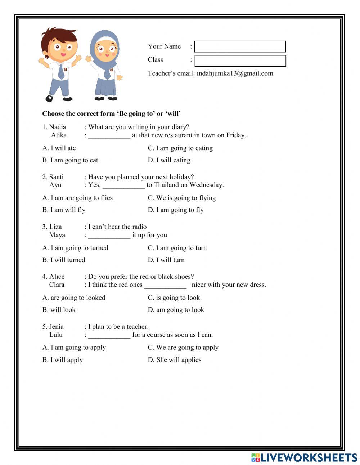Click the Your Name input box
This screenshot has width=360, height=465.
240,46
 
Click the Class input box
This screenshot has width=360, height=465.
240,61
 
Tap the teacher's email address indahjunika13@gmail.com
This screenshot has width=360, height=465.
235,73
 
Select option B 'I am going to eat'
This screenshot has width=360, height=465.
70,160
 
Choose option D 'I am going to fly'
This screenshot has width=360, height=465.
176,210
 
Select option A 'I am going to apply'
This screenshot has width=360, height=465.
74,348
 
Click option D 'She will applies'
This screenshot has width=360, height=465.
175,360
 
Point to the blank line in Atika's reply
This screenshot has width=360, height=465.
109,136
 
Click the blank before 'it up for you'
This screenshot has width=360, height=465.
109,236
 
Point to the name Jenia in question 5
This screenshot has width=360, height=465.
57,327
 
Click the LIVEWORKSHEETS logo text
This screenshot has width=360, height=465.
309,457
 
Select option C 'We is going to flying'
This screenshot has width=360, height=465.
182,198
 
